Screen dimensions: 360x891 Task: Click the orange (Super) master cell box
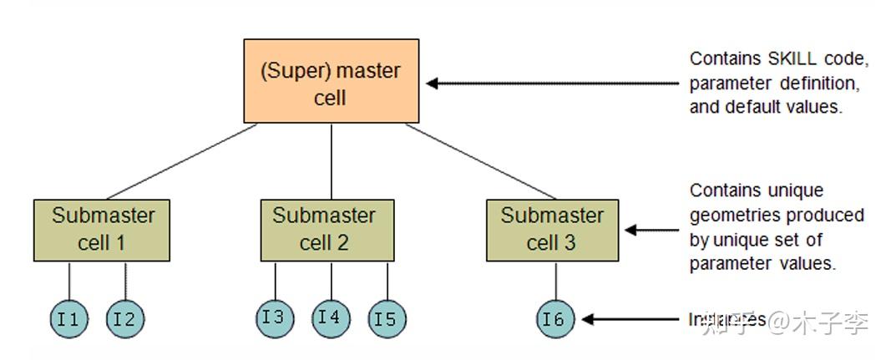pyautogui.click(x=332, y=82)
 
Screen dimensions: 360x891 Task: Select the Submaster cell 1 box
pyautogui.click(x=103, y=230)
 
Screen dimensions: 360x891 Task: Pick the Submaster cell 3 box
pyautogui.click(x=552, y=230)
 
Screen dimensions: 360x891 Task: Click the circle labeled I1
pyautogui.click(x=68, y=318)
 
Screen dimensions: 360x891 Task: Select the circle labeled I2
pyautogui.click(x=125, y=318)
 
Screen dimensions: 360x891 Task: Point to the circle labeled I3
pyautogui.click(x=275, y=317)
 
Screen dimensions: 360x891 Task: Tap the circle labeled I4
pyautogui.click(x=331, y=317)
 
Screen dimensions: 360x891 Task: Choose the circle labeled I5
pyautogui.click(x=387, y=318)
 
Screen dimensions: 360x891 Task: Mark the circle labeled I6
pyautogui.click(x=555, y=318)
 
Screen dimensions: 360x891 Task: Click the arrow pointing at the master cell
pyautogui.click(x=551, y=84)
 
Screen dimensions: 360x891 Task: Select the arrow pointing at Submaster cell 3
pyautogui.click(x=651, y=230)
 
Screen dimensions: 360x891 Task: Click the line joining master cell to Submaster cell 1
pyautogui.click(x=180, y=162)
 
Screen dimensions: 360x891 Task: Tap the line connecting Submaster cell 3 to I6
pyautogui.click(x=555, y=281)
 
